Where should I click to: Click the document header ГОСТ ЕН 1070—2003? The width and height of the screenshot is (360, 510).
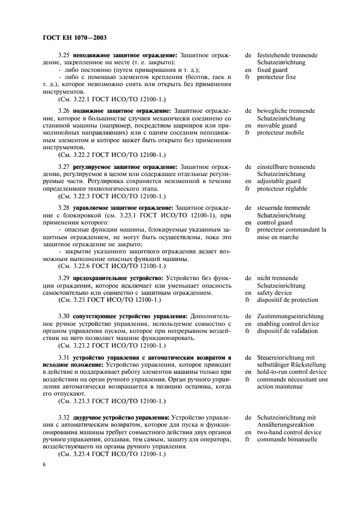pos(74,38)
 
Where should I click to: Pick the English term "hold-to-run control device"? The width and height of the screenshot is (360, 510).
pos(292,372)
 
